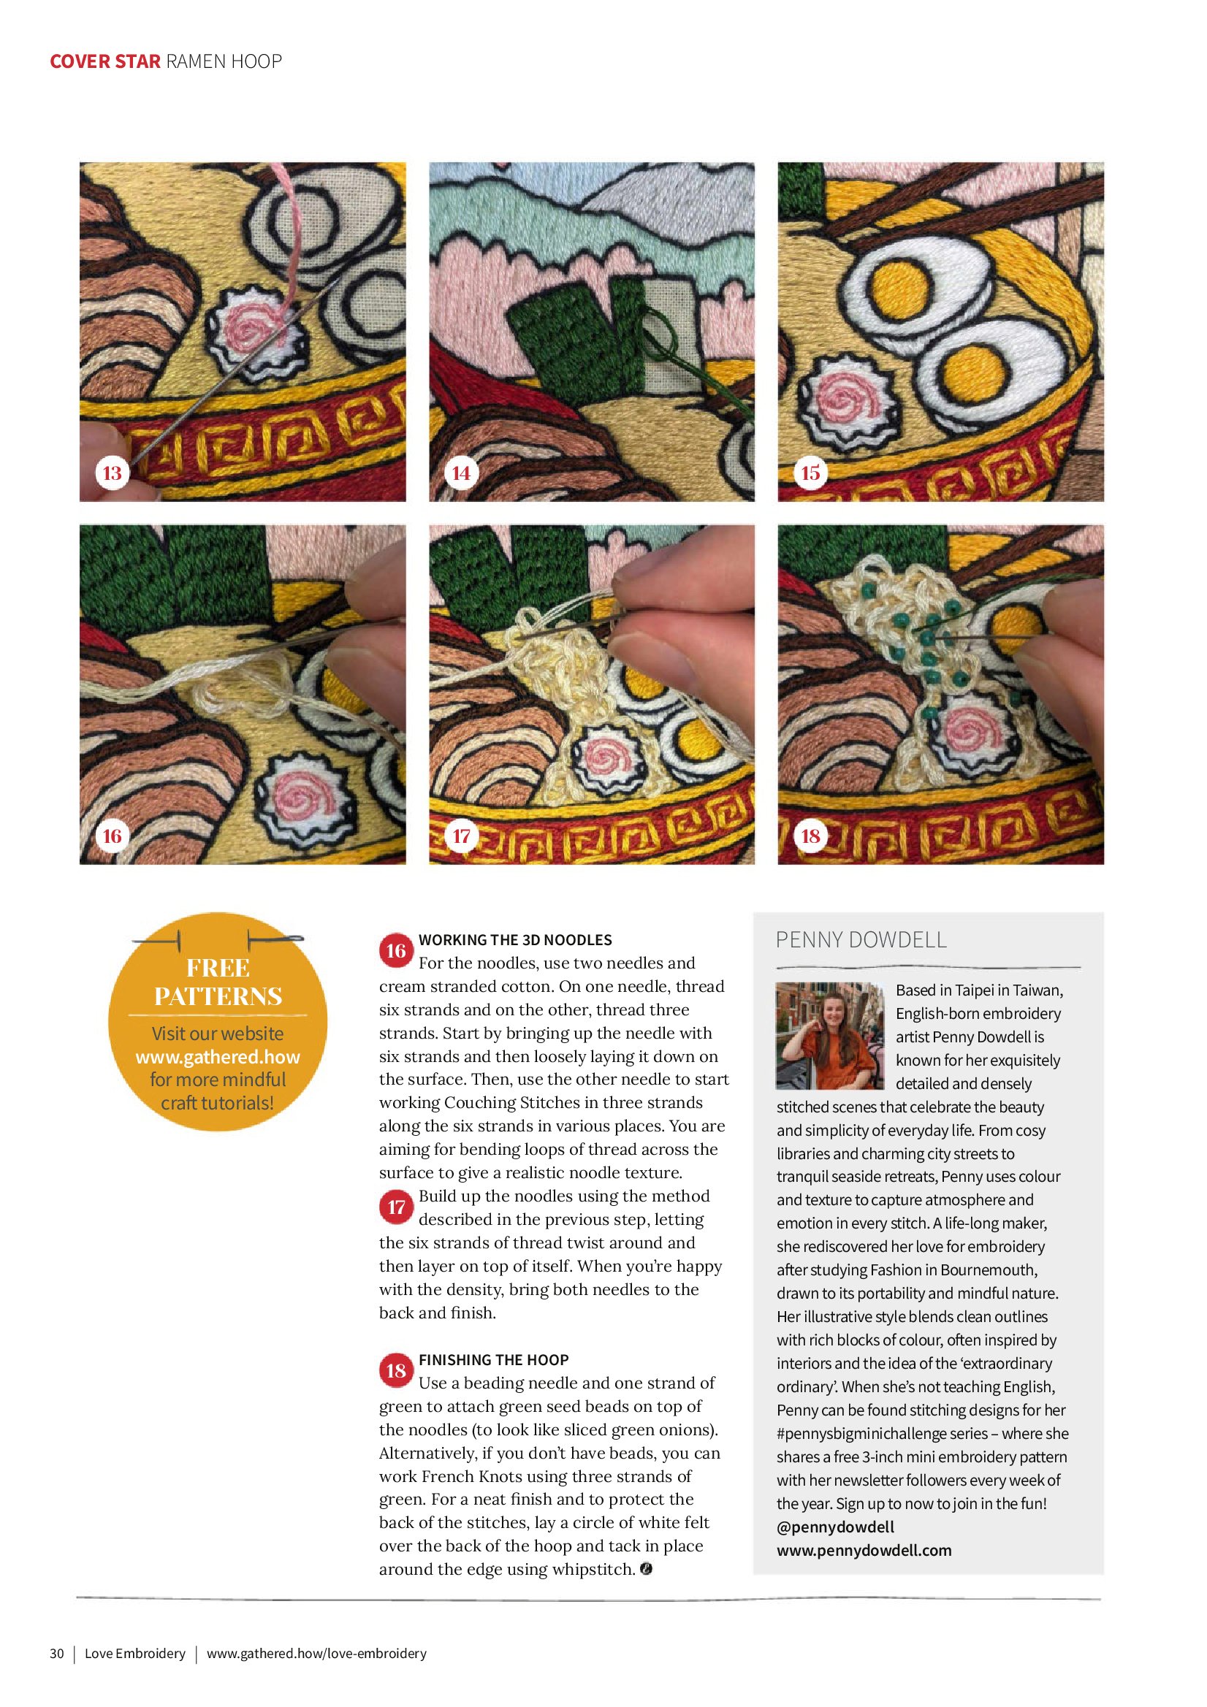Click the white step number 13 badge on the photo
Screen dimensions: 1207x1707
[x=112, y=473]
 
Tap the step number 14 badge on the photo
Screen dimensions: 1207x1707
[x=461, y=473]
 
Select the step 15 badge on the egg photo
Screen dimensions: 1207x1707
[x=810, y=473]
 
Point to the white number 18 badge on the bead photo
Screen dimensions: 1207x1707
[x=810, y=836]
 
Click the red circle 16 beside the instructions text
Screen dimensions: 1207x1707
[x=396, y=951]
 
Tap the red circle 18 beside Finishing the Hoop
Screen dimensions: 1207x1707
[x=396, y=1370]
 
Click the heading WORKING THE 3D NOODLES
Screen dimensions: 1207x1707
[x=515, y=940]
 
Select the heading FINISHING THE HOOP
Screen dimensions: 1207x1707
[x=494, y=1360]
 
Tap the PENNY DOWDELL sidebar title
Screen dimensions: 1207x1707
[x=861, y=940]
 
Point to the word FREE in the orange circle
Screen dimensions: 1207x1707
[x=218, y=967]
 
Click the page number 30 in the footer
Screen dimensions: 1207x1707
[x=57, y=1653]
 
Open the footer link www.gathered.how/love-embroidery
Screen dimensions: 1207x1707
[x=317, y=1653]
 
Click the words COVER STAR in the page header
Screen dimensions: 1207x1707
[x=105, y=61]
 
